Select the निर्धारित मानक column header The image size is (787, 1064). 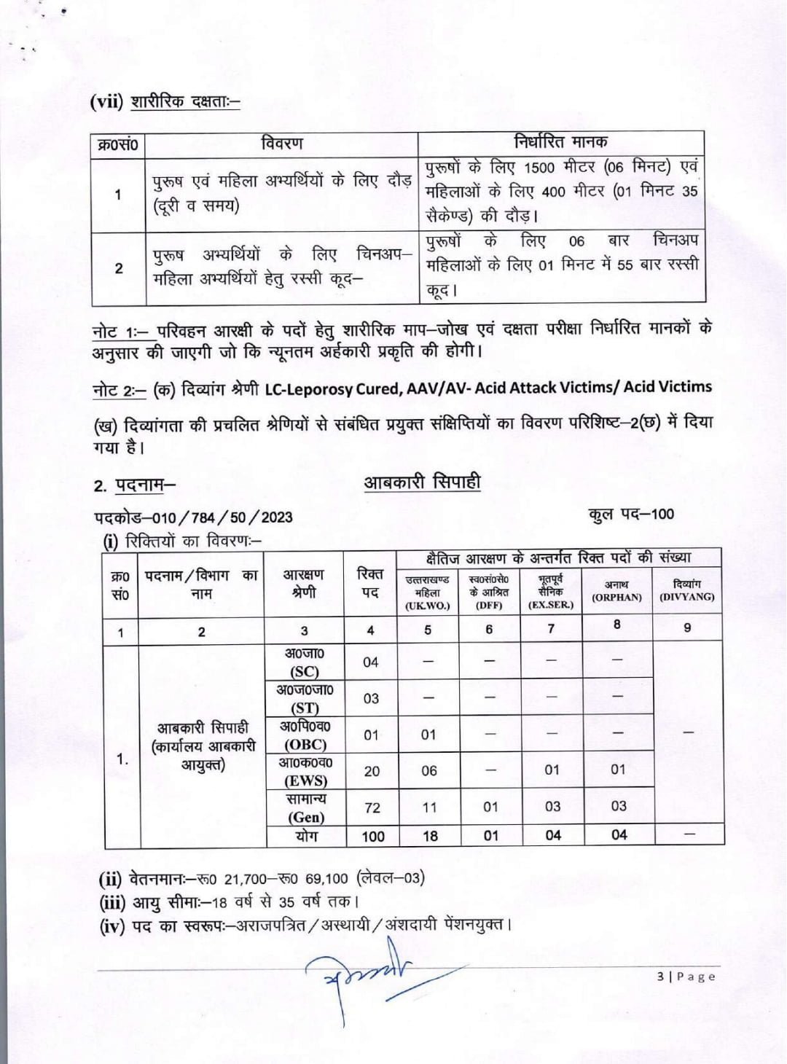(x=560, y=141)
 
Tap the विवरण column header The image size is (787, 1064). (x=281, y=144)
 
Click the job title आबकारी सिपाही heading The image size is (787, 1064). (x=422, y=482)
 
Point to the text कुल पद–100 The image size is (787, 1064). (x=631, y=514)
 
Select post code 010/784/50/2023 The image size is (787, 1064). (x=193, y=517)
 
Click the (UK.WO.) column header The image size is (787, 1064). (x=427, y=592)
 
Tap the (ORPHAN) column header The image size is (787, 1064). (x=616, y=591)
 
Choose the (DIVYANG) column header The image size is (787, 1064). (x=686, y=591)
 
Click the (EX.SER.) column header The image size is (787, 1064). (x=550, y=592)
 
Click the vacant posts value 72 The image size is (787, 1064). (x=372, y=807)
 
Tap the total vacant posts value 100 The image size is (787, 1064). (x=372, y=836)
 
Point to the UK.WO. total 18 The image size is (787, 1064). (x=430, y=836)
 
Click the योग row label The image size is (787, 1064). (x=306, y=836)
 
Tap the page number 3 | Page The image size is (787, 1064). (x=686, y=977)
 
